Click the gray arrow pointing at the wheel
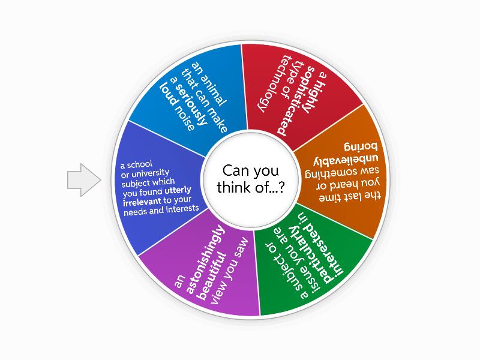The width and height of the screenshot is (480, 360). [x=83, y=179]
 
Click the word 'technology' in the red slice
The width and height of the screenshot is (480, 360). [x=269, y=84]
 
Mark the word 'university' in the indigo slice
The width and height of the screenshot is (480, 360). [x=143, y=174]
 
